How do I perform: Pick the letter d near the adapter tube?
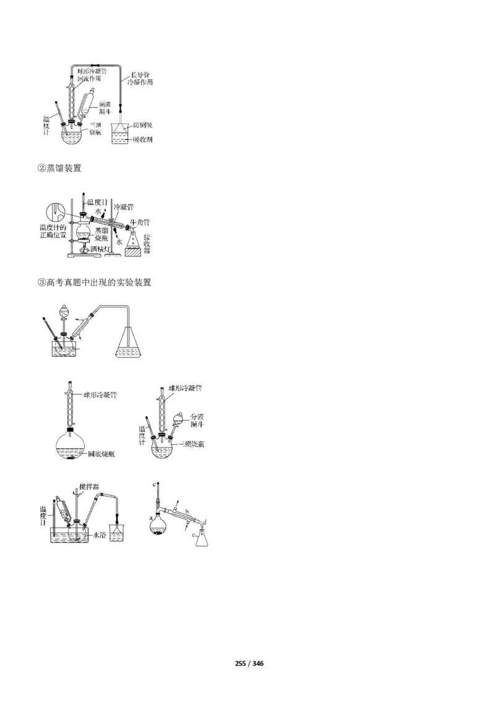pos(204,523)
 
